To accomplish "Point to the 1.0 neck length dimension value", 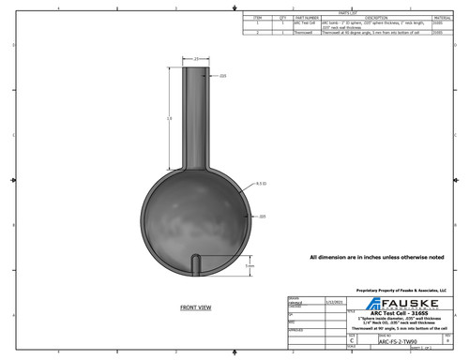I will coord(169,119).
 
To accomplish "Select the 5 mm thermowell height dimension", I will coord(250,266).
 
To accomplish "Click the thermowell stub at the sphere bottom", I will coord(195,263).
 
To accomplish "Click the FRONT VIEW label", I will coord(195,307).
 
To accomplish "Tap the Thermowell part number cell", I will coord(302,32).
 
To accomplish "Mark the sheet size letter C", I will coord(352,341).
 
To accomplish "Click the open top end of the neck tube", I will coord(195,67).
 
